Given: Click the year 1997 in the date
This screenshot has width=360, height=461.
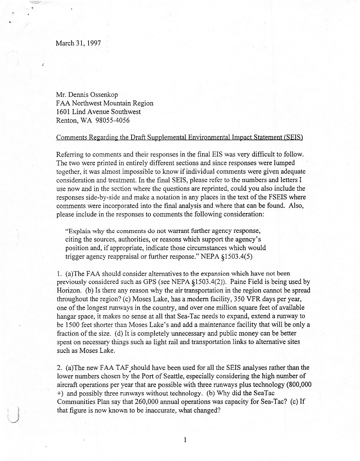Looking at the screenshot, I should (x=94, y=43).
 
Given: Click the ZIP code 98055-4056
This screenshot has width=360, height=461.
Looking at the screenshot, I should (x=112, y=120).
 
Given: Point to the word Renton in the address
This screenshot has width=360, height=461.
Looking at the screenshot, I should (x=67, y=120).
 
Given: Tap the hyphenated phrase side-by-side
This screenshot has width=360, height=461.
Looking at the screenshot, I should (x=102, y=197).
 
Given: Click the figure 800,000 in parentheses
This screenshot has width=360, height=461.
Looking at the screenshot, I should (x=299, y=385).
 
